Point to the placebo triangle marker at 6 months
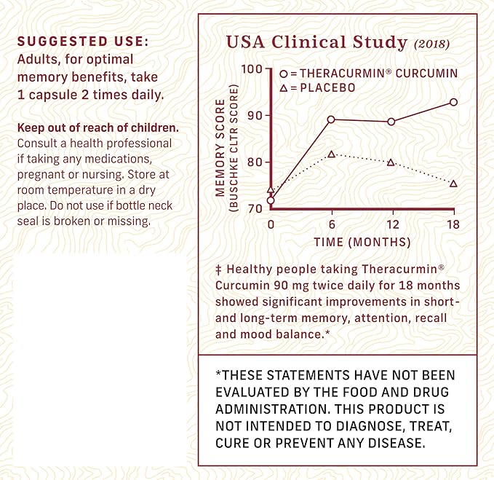tap(331, 154)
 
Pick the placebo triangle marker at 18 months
tap(453, 184)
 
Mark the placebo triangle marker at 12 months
tap(391, 162)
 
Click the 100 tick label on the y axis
tap(252, 68)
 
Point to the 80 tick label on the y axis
tap(255, 162)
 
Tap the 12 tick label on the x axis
tap(393, 224)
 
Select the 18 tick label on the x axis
tap(453, 224)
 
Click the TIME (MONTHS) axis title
tap(362, 243)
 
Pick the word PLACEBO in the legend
tap(327, 87)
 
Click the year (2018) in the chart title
tap(431, 44)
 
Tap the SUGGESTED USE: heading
tap(83, 42)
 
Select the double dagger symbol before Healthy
tap(218, 270)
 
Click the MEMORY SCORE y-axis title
tap(220, 148)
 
